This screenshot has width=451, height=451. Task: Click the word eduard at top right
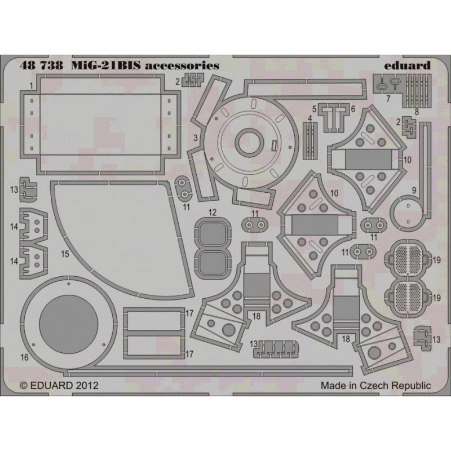coord(407,65)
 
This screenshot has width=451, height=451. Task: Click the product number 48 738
coord(41,65)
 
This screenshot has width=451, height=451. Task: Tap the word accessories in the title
coord(182,66)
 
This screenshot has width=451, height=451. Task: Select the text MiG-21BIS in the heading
coord(106,65)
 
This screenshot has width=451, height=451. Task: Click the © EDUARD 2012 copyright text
coord(59,385)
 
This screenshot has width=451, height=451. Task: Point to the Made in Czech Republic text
coord(375,385)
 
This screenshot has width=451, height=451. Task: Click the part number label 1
coord(31,86)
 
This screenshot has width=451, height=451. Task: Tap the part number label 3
coord(196,138)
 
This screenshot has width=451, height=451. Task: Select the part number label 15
coord(65,254)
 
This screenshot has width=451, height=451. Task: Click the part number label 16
coord(25,357)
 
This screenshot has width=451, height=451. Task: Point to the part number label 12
coord(213,213)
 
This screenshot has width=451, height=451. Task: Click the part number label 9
coord(414,190)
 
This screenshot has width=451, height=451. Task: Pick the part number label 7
coord(388,98)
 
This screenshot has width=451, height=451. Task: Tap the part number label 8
coord(417,112)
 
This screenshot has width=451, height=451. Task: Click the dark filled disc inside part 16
coord(68,324)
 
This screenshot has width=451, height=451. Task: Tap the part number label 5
coord(314,109)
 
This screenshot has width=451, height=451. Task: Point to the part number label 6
coord(353,109)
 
